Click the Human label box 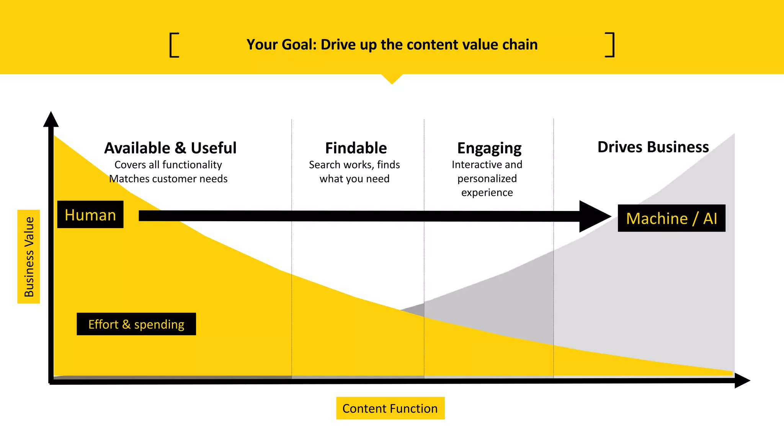click(90, 215)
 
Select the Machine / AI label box click(671, 218)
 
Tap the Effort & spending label click(136, 324)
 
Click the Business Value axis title click(29, 256)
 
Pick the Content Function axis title click(390, 408)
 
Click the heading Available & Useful click(170, 148)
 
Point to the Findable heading click(356, 148)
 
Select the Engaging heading click(489, 148)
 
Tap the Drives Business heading click(653, 147)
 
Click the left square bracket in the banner click(174, 45)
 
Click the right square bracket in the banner click(610, 45)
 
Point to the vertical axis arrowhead click(51, 120)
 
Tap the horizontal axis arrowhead click(742, 381)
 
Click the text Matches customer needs click(168, 179)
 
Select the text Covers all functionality click(168, 165)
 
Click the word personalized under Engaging click(487, 179)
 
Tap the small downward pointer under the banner click(392, 78)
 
